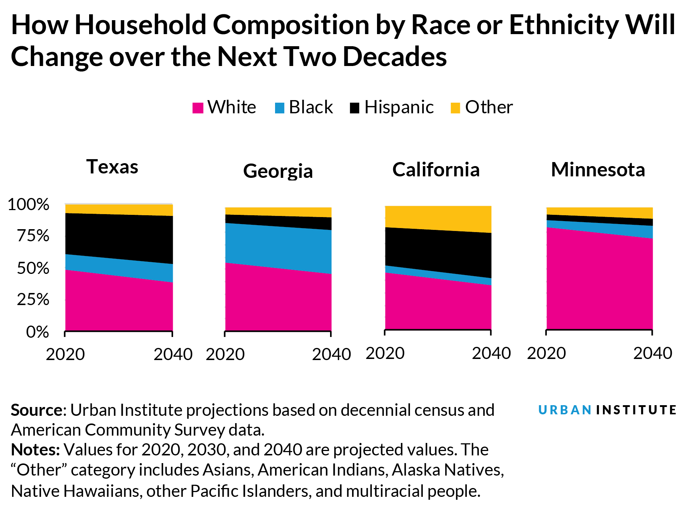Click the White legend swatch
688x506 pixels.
coord(198,108)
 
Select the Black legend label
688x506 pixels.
coord(311,107)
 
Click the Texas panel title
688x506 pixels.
coord(112,167)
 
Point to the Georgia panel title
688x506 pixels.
coord(278,171)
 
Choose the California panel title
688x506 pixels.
coord(436,170)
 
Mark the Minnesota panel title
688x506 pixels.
coord(598,170)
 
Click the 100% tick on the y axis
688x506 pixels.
coord(28,205)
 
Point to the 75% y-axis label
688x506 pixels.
coord(33,236)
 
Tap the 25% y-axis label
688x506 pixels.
coord(33,300)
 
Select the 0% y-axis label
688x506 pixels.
coord(37,332)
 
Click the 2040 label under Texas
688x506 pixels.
coord(173,355)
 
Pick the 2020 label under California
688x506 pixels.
coord(385,353)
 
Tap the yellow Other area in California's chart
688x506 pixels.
coord(438,219)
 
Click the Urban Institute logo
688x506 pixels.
coord(607,410)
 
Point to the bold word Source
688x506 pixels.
coord(37,410)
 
